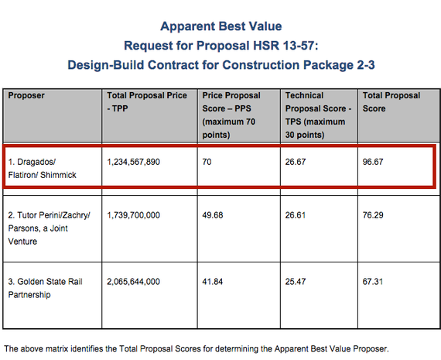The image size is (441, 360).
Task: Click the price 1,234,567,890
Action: point(133,162)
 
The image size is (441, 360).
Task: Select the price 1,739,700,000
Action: point(133,215)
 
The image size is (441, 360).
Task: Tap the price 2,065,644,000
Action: point(133,282)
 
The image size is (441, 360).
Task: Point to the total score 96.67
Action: point(373,162)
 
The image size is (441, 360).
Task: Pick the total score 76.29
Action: point(373,215)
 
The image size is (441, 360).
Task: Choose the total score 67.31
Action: point(373,282)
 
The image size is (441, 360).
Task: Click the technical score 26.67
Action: point(296,162)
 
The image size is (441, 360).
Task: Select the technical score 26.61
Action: point(296,215)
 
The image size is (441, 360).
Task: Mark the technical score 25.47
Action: point(296,282)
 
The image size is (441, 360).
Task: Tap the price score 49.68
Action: point(213,215)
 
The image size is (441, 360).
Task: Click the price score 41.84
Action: point(213,282)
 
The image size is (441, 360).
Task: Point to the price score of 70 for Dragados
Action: point(207,162)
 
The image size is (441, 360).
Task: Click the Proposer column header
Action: point(26,96)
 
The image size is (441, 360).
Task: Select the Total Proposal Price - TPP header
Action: point(147,102)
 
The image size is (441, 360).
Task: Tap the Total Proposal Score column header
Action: point(391,102)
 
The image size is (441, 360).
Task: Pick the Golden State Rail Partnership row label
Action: point(45,288)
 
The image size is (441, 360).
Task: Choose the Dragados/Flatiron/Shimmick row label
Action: point(43,168)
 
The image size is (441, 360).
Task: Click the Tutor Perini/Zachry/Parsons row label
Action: point(49,228)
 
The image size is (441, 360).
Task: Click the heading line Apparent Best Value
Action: point(221,26)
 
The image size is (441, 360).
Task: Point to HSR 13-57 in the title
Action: point(284,46)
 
